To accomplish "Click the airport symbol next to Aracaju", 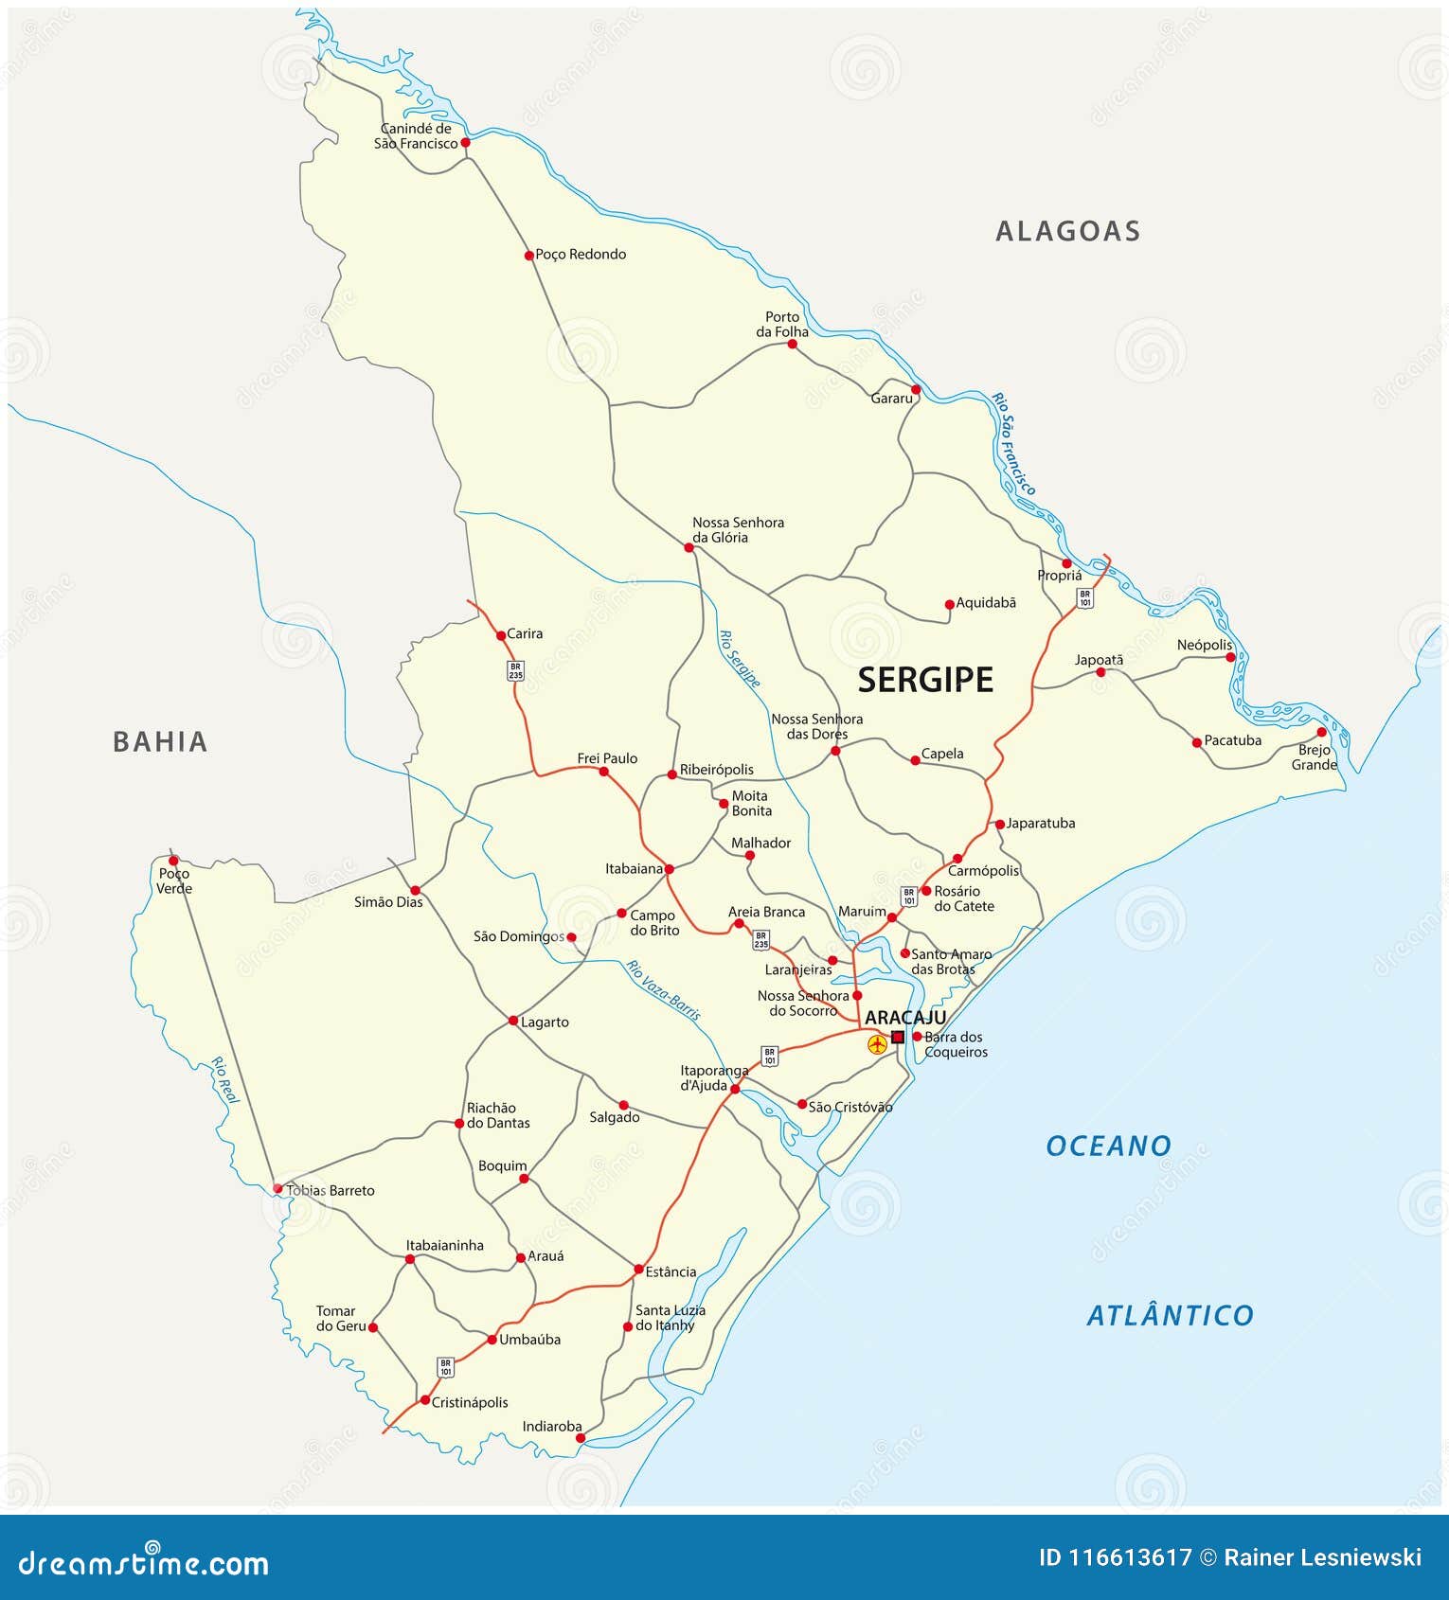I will [x=878, y=1044].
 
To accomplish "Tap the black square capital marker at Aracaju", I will [x=898, y=1037].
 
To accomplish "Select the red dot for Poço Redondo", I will [x=529, y=255].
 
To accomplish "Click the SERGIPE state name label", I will [x=925, y=680].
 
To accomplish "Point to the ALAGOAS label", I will [x=1067, y=231].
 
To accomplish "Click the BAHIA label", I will [x=160, y=741].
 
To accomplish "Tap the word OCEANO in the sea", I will [x=1108, y=1147].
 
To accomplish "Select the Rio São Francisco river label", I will [x=1014, y=443].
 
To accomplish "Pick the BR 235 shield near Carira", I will [x=515, y=671].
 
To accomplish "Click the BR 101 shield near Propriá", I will [x=1084, y=597].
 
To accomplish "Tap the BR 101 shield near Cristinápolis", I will [x=445, y=1367].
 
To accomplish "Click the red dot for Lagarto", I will [x=513, y=1021].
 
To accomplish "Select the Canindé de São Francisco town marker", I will [x=465, y=143].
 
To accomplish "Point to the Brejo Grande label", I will [x=1315, y=757].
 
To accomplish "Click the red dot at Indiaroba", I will [x=581, y=1438].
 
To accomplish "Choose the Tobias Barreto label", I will [x=331, y=1190].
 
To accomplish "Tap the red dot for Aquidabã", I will [x=949, y=604].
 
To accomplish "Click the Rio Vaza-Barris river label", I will [x=663, y=990].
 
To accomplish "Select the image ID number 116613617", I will [x=1115, y=1557].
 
